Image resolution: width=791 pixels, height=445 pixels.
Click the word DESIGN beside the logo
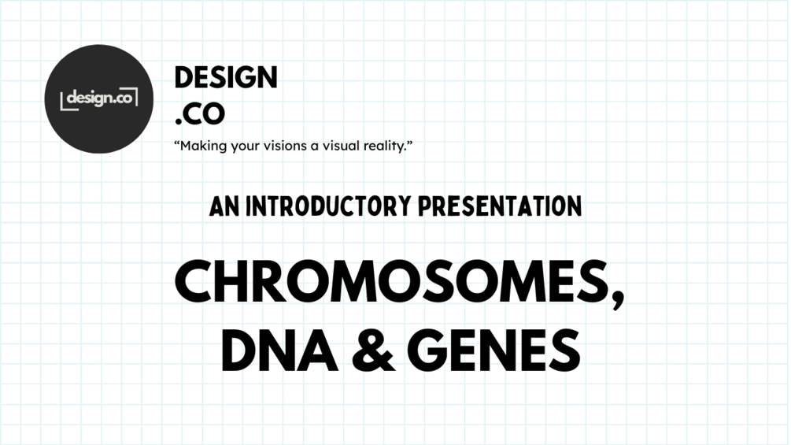226,78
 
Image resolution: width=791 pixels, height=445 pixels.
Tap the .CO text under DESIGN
200,114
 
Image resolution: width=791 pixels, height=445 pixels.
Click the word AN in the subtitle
224,207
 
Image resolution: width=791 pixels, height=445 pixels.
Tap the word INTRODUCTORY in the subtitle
327,207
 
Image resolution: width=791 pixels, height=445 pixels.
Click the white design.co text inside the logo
99,98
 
